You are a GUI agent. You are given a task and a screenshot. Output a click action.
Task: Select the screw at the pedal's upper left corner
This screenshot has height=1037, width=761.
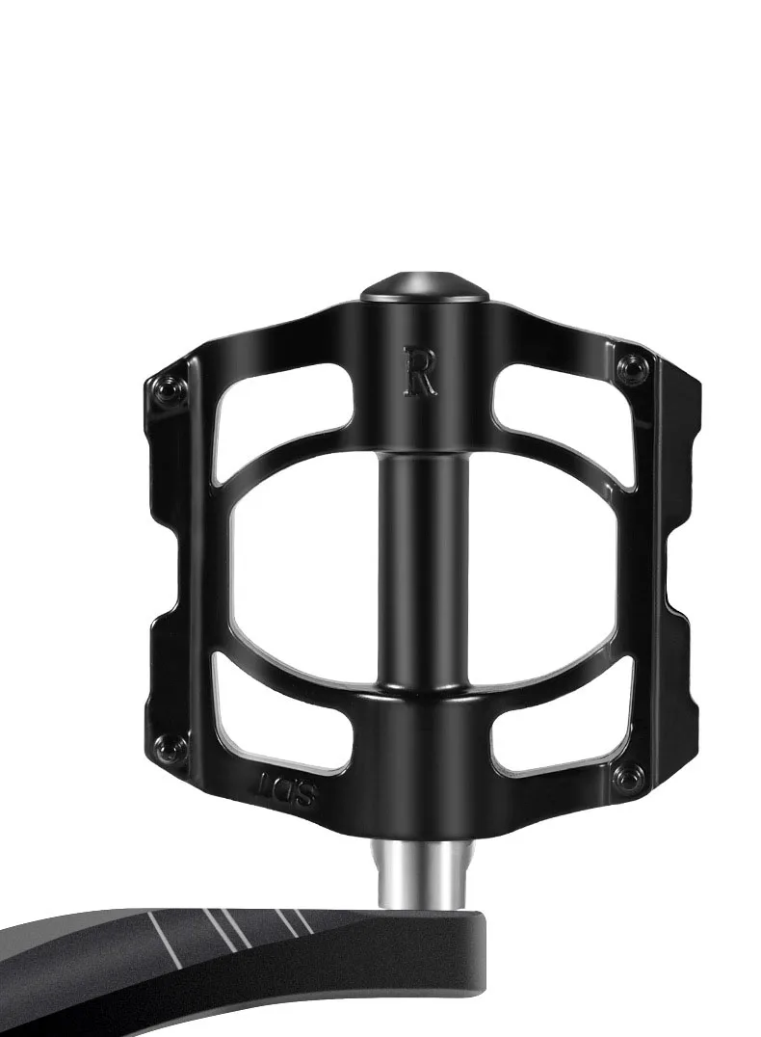pos(173,390)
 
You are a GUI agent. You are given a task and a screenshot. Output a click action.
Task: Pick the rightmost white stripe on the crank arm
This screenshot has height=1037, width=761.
pos(299,920)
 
